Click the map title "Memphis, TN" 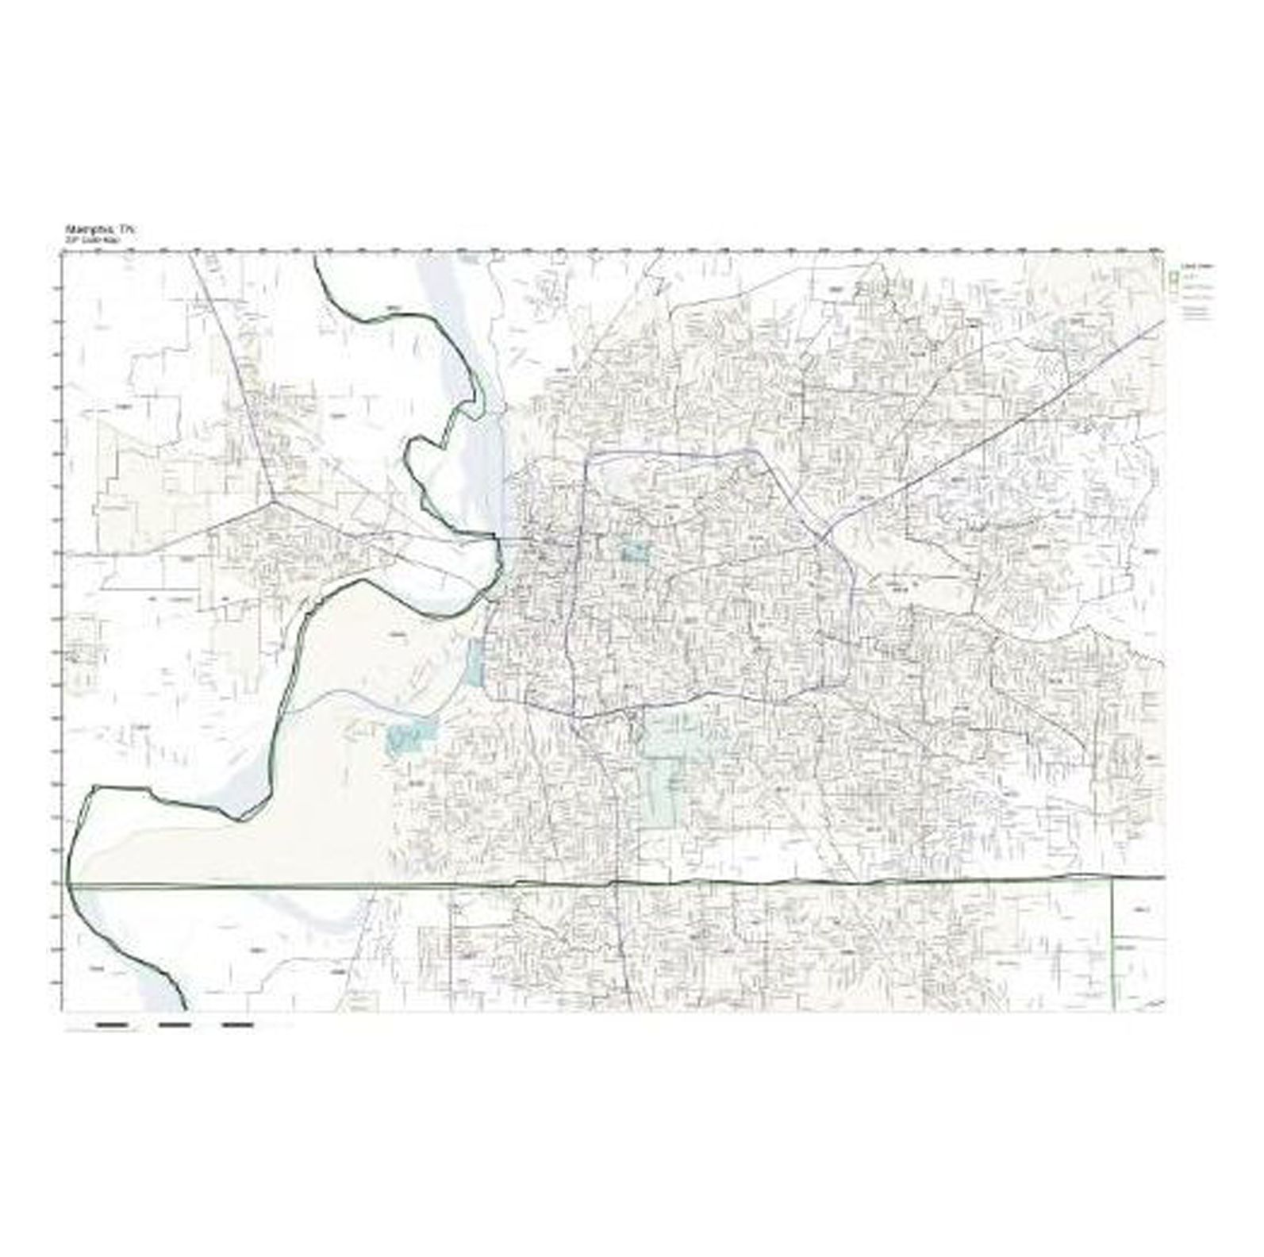pos(101,229)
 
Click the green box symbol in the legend pos(1171,278)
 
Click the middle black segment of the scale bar pos(175,1025)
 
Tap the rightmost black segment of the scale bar pos(238,1025)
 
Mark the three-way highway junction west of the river pos(274,501)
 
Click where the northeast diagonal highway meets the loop pos(822,541)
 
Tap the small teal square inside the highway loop pos(634,551)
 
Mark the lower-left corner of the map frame pos(63,1011)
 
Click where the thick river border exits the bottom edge pos(186,1009)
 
